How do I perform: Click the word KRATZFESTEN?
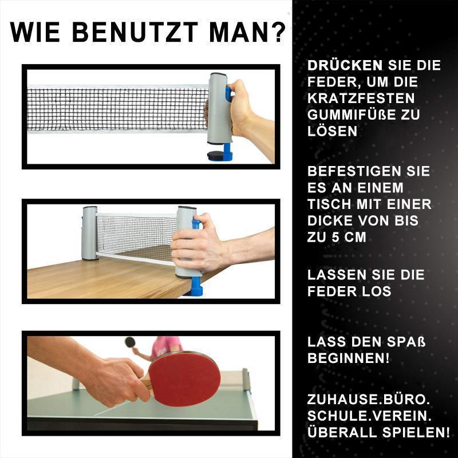[x=361, y=98]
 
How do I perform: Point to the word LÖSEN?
[x=332, y=131]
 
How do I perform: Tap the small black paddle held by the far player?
[x=130, y=342]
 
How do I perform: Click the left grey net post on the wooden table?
[x=90, y=232]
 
